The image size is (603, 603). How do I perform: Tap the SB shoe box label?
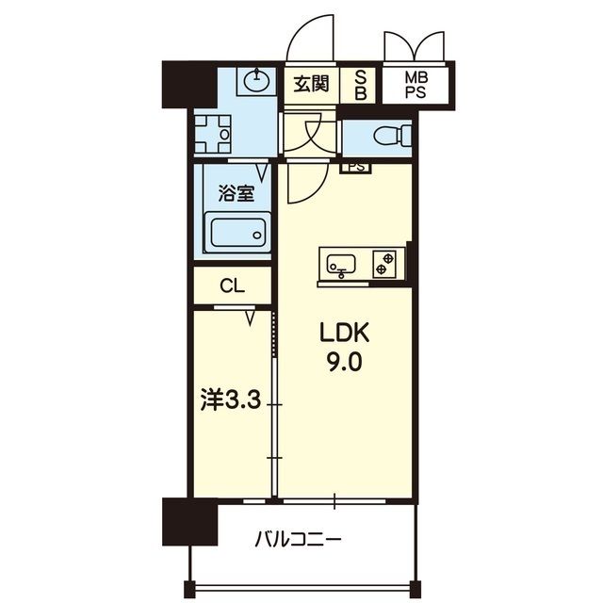(x=360, y=85)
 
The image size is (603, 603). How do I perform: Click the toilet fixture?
(x=392, y=136)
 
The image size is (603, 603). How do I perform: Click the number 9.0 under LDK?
(x=345, y=362)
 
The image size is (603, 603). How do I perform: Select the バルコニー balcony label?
(x=297, y=541)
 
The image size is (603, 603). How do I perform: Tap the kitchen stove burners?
(x=386, y=263)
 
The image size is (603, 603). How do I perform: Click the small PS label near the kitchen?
(x=355, y=168)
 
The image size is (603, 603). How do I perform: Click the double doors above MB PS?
(x=414, y=47)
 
